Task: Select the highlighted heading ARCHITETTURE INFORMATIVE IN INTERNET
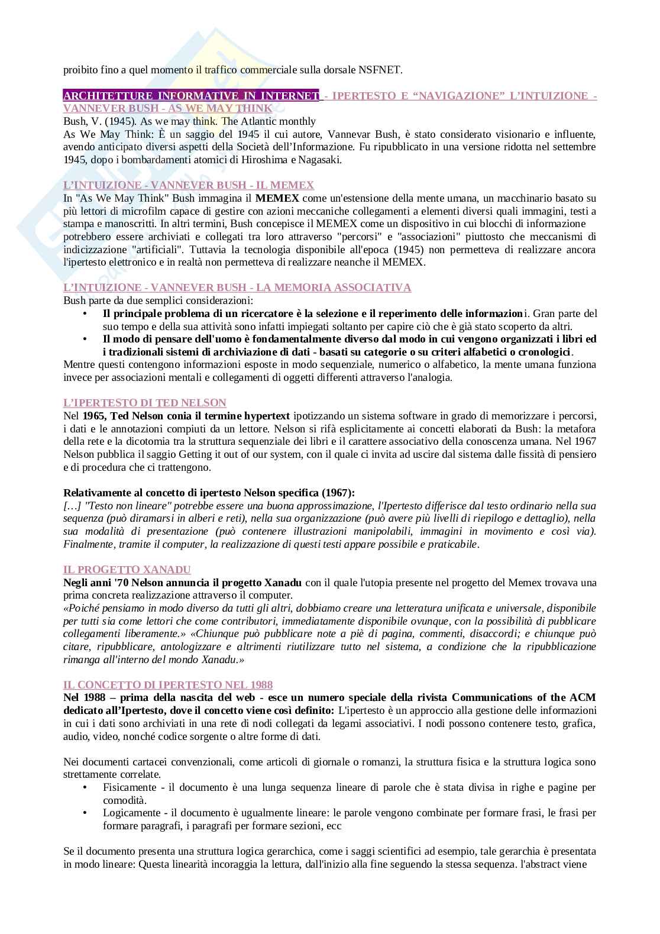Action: (x=190, y=96)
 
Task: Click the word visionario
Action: (x=458, y=134)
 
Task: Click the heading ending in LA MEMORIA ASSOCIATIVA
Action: (x=237, y=287)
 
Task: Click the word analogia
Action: (x=432, y=377)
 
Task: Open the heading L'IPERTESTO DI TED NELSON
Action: (x=145, y=403)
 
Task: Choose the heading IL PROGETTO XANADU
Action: (x=127, y=570)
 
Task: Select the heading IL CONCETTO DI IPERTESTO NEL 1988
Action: (x=168, y=685)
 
